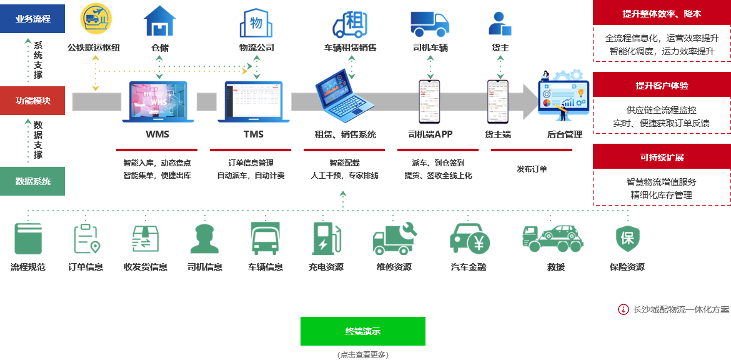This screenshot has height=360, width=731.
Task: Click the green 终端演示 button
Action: pos(362,331)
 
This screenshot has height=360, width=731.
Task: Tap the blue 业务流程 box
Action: pos(33,19)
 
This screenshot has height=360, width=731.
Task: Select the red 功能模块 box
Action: pos(33,101)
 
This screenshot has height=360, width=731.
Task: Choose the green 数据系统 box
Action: pos(33,181)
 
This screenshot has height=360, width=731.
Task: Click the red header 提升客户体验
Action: pos(662,85)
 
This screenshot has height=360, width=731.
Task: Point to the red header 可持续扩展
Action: pos(662,157)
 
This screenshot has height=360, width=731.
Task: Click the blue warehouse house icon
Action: pos(160,21)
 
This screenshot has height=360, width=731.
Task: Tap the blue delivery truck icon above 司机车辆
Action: pos(430,23)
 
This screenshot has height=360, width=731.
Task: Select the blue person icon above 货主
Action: pos(500,23)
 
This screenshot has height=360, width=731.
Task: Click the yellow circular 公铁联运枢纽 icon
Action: pos(96,19)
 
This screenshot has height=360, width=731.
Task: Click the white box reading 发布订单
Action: pos(532,169)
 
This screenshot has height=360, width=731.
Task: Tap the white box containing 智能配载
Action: pos(344,169)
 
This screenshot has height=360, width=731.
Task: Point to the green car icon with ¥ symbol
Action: pos(469,238)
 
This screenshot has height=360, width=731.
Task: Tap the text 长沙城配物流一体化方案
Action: pos(680,309)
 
